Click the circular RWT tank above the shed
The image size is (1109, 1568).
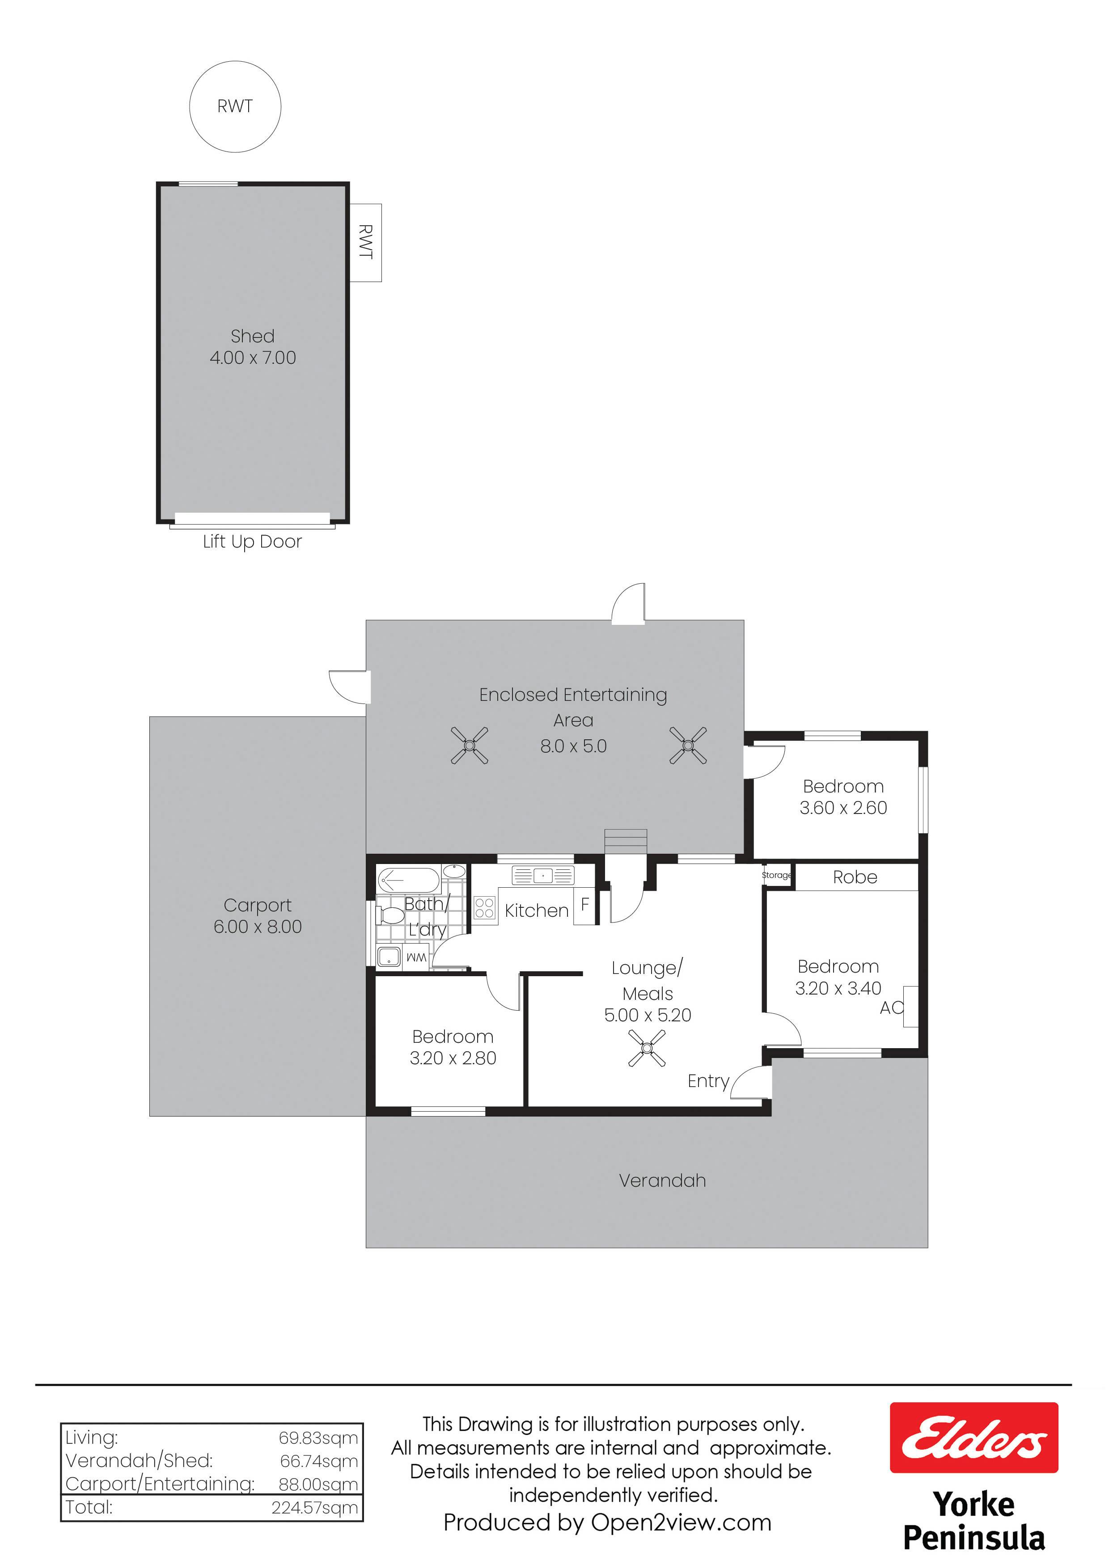tap(235, 106)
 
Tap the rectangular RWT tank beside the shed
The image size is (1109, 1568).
tap(365, 242)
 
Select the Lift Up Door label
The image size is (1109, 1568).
tap(252, 542)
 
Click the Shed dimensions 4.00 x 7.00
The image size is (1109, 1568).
tap(253, 358)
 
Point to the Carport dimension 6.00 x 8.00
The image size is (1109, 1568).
tap(258, 927)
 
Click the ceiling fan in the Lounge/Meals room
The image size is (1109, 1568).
tap(647, 1048)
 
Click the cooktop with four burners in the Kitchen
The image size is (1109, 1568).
tap(484, 908)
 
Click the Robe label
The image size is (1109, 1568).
tap(855, 877)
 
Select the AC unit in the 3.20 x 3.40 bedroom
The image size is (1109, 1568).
tap(911, 1007)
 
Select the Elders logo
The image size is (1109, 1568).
tap(974, 1437)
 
